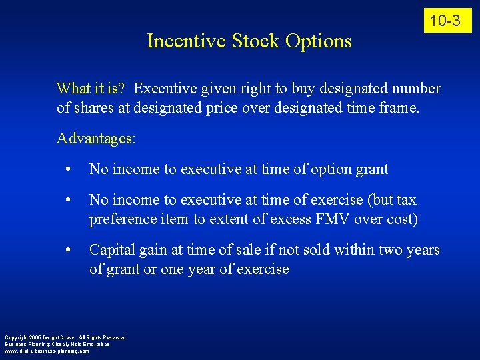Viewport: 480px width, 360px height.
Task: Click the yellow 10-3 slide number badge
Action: (x=445, y=21)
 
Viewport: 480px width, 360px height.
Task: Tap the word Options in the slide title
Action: (x=318, y=41)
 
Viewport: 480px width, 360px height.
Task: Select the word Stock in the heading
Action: (x=256, y=41)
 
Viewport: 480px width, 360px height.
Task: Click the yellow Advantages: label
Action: (x=96, y=139)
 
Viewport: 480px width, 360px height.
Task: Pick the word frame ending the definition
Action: (x=398, y=107)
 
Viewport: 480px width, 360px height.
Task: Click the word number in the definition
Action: (x=415, y=89)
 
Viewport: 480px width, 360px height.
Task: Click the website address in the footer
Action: (x=47, y=351)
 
